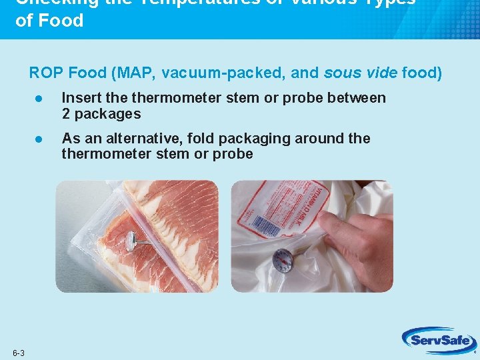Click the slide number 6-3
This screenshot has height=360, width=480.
[18, 352]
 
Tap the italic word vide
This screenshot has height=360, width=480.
[379, 73]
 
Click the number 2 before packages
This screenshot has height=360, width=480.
[66, 114]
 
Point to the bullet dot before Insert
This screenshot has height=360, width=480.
[39, 99]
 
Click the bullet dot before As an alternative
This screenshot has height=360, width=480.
[39, 139]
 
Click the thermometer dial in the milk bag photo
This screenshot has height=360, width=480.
[282, 261]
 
